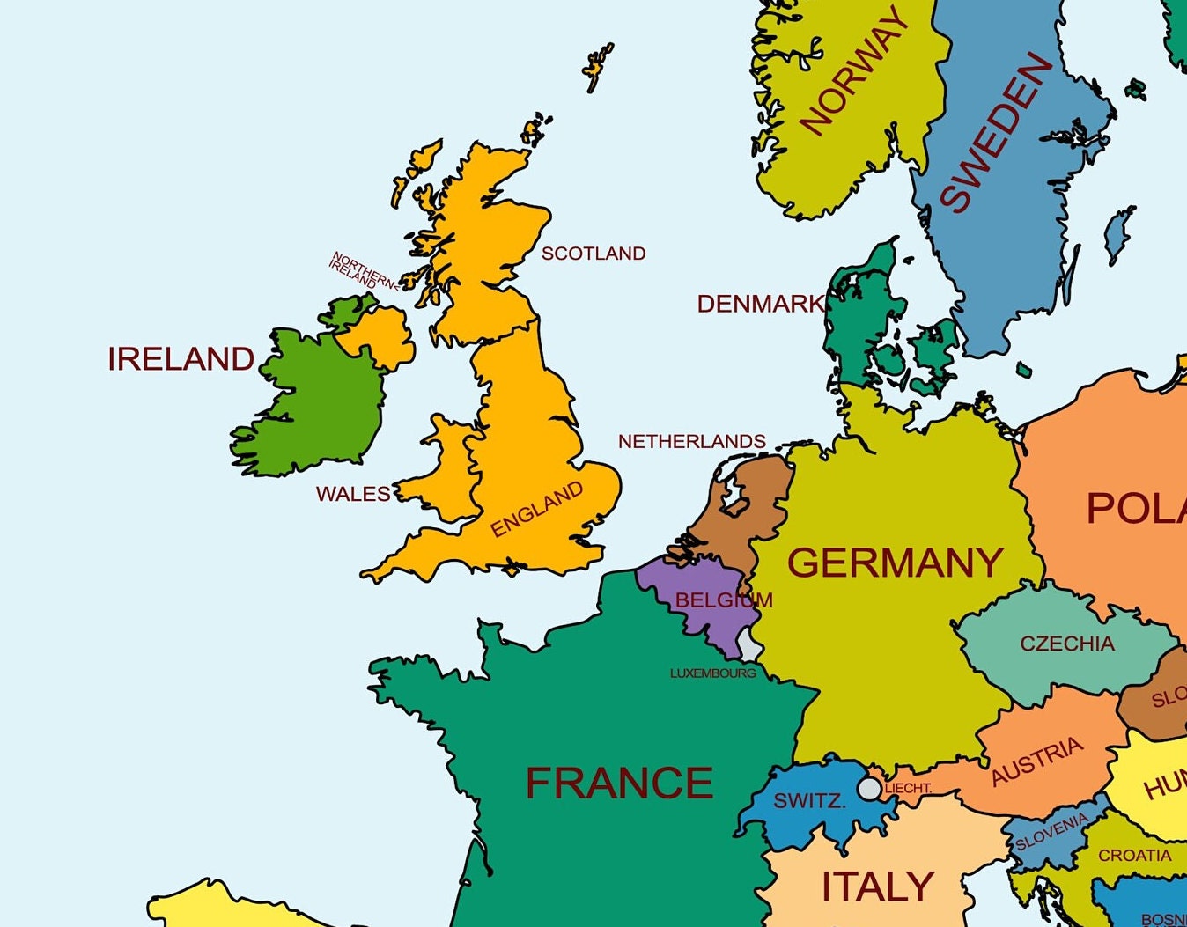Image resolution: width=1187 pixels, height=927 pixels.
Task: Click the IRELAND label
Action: pos(181,359)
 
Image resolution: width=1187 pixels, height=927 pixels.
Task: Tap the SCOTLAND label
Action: pos(593,254)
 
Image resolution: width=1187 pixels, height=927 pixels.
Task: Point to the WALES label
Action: pos(353,494)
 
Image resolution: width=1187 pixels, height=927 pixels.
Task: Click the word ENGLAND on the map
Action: pos(536,509)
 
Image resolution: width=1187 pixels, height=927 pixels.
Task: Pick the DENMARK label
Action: pos(760,304)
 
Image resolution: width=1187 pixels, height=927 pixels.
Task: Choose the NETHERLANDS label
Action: pos(691,441)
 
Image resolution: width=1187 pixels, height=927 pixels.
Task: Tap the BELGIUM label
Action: pos(723,600)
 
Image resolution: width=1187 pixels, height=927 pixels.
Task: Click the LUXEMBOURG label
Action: pos(712,673)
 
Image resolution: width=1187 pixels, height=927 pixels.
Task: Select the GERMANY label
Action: pos(895,563)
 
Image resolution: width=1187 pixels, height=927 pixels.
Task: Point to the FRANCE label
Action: pos(619,783)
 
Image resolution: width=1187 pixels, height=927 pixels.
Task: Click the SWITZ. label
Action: pos(809,801)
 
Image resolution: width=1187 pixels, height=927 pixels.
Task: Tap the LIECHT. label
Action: pos(908,788)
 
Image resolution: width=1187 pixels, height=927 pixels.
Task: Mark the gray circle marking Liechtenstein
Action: pos(869,788)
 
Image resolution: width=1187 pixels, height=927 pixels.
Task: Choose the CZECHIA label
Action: pos(1066,644)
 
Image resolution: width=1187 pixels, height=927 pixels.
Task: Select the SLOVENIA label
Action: pos(1051,832)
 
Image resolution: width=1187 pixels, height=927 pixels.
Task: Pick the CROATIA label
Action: pos(1134,855)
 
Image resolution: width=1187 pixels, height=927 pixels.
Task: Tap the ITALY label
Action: pos(877,887)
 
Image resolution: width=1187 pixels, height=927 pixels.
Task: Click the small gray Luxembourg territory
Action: pos(749,644)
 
